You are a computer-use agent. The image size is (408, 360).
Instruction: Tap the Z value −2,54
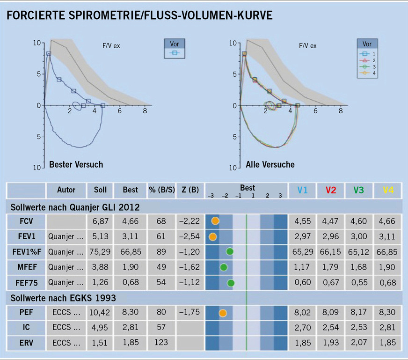coord(189,236)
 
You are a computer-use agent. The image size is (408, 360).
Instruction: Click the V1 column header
coord(302,190)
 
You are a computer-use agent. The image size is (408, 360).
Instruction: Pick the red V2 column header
coord(331,190)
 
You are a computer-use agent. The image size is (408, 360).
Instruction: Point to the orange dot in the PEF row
coord(223,313)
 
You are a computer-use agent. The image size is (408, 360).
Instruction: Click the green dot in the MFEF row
coord(224,267)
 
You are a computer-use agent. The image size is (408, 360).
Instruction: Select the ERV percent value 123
coord(160,343)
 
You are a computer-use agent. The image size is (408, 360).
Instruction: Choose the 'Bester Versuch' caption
coord(76,164)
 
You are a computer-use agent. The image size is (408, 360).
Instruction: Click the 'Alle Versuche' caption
coord(270,164)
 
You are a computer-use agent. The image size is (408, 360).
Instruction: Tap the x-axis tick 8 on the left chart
coord(144,111)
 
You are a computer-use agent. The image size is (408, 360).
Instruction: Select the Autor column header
coord(66,190)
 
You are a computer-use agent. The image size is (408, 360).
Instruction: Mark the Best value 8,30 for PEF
coord(130,313)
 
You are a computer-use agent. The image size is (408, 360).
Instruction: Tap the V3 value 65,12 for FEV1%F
coord(359,251)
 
